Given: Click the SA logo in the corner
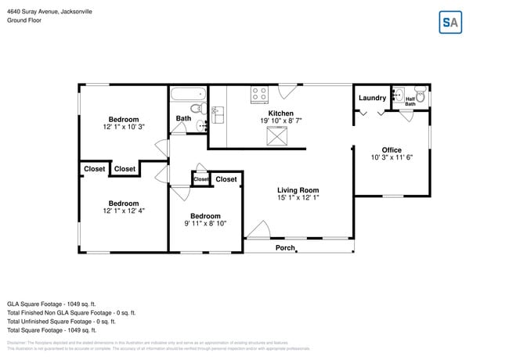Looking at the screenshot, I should click(449, 23).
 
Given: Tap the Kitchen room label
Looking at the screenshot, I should click(281, 113).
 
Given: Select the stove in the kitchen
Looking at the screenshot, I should click(258, 95).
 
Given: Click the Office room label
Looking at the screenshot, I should click(392, 150).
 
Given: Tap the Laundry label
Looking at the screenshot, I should click(372, 98).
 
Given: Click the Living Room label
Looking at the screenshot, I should click(298, 190).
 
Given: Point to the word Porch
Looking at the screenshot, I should click(285, 248).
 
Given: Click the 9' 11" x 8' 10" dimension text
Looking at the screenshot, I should click(204, 224).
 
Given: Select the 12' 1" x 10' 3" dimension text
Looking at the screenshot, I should click(124, 126).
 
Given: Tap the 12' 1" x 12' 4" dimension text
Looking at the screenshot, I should click(124, 211).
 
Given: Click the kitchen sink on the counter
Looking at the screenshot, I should click(218, 115).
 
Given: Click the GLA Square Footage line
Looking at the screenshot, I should click(51, 303).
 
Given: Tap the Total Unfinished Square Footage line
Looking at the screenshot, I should click(61, 321).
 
